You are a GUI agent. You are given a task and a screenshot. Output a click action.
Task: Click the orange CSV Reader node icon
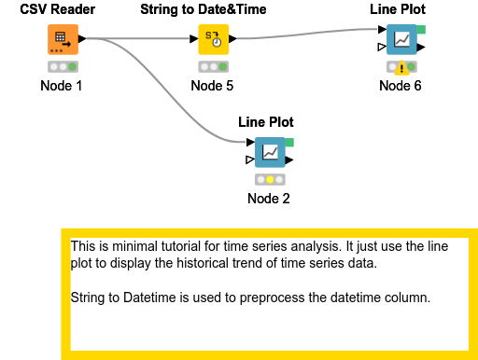coord(63,41)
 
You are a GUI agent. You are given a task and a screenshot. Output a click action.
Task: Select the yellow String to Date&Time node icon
coord(213,41)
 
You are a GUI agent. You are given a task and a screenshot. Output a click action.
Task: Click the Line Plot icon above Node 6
coord(401,41)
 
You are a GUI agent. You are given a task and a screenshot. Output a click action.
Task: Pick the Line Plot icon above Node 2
coord(269,152)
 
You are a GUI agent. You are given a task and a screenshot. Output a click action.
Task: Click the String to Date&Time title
coord(204,9)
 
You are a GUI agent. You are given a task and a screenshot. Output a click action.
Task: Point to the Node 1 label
coord(62,86)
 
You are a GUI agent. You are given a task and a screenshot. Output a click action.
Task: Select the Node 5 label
coord(212,86)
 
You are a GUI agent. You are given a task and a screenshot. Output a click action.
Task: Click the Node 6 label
coord(401,86)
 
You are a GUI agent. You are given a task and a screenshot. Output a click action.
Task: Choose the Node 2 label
coord(269,198)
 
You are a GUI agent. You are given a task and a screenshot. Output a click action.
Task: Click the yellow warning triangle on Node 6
coord(401,67)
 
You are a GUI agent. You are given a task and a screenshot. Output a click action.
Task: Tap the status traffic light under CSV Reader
coord(63,67)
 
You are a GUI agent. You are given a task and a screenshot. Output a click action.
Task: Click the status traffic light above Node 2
coord(269,179)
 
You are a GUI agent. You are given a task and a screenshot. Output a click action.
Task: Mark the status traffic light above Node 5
coord(213,67)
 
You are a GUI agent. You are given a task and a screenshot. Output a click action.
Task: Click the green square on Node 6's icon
coord(421,30)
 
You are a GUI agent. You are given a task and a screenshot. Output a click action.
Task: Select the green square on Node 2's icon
coord(289,142)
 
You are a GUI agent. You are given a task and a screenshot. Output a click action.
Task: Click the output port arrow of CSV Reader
coord(83,39)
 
